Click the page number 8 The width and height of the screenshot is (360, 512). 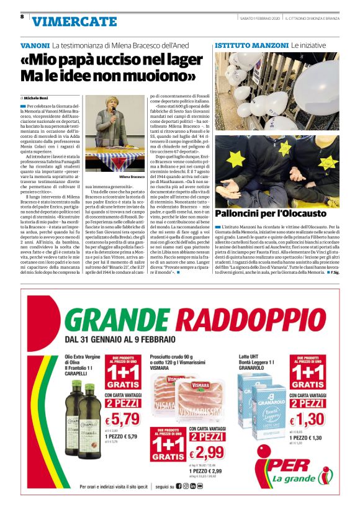coord(22,17)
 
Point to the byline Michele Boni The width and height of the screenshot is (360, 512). coord(37,98)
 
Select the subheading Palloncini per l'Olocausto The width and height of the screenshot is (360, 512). coord(271,213)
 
